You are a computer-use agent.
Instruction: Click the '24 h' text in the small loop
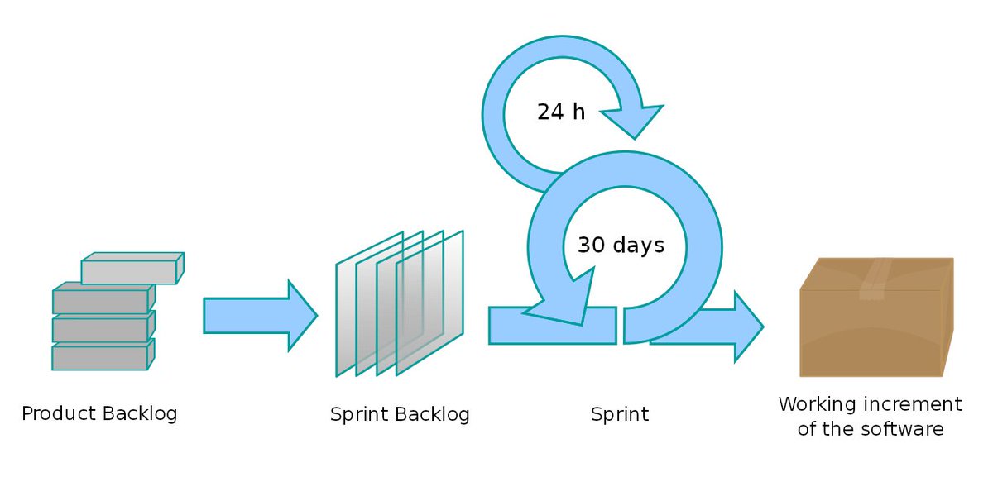(560, 112)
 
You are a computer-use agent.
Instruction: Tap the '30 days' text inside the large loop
(621, 245)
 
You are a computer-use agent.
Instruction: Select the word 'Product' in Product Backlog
(57, 413)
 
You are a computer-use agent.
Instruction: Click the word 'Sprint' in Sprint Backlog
(358, 414)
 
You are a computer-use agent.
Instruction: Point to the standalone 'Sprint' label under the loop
(620, 414)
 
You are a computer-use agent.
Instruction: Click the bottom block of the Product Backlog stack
(99, 357)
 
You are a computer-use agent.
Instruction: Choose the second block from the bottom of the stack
(99, 329)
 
